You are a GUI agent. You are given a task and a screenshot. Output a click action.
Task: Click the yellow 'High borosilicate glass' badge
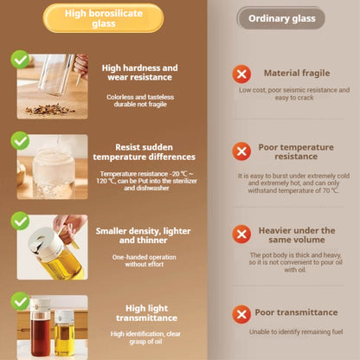point(103,18)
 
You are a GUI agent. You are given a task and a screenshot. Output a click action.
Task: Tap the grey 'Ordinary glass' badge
point(281,18)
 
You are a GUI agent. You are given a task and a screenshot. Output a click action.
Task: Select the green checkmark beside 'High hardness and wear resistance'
point(20,60)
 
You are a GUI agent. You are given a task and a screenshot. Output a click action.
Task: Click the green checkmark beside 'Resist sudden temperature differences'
point(20,141)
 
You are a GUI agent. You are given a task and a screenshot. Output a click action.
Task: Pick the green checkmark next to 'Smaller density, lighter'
point(20,221)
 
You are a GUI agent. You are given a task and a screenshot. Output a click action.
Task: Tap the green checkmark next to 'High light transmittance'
point(20,301)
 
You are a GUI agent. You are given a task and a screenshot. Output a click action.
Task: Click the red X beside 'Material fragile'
point(241,74)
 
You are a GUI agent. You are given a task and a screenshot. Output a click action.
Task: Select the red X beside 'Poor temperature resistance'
point(241,151)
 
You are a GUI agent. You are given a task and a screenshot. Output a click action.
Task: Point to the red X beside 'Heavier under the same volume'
point(241,235)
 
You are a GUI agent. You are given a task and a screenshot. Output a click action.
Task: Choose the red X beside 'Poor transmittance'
point(241,314)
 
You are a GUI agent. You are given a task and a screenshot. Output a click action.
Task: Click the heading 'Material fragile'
point(297,73)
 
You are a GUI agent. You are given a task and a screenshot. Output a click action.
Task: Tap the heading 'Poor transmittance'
point(296,312)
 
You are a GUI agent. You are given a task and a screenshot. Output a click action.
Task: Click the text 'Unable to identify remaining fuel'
point(296,331)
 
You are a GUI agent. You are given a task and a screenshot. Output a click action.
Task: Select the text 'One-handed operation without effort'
point(145,260)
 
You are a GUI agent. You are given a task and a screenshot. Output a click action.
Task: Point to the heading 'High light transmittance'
point(147,313)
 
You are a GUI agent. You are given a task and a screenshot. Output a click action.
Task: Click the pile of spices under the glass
point(49,109)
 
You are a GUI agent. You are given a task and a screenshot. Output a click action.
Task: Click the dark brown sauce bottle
point(41,328)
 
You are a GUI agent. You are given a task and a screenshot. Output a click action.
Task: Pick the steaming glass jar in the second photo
point(54,172)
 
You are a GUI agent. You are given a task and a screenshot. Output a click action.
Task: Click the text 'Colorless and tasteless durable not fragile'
point(140,100)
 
